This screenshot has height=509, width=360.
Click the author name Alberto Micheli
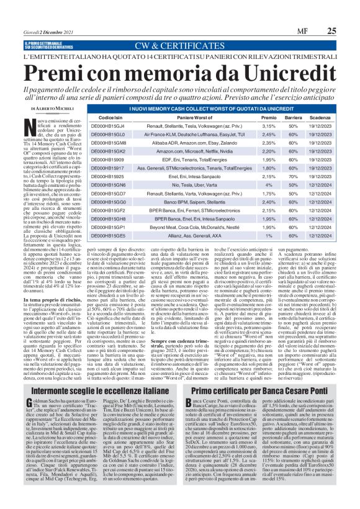[45, 109]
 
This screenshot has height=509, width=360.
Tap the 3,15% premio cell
[269, 125]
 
